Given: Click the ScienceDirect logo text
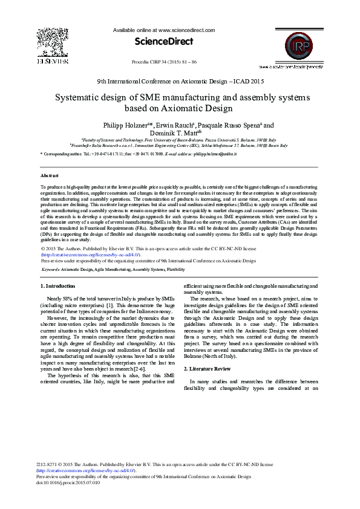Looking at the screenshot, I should [x=163, y=42].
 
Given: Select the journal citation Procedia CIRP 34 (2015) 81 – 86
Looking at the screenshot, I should [x=163, y=62].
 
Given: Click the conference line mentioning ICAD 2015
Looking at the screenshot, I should [x=180, y=80].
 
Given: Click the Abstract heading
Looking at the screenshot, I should [x=50, y=175].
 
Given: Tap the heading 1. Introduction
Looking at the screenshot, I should [x=57, y=286].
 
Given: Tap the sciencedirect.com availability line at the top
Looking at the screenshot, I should [x=163, y=30].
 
